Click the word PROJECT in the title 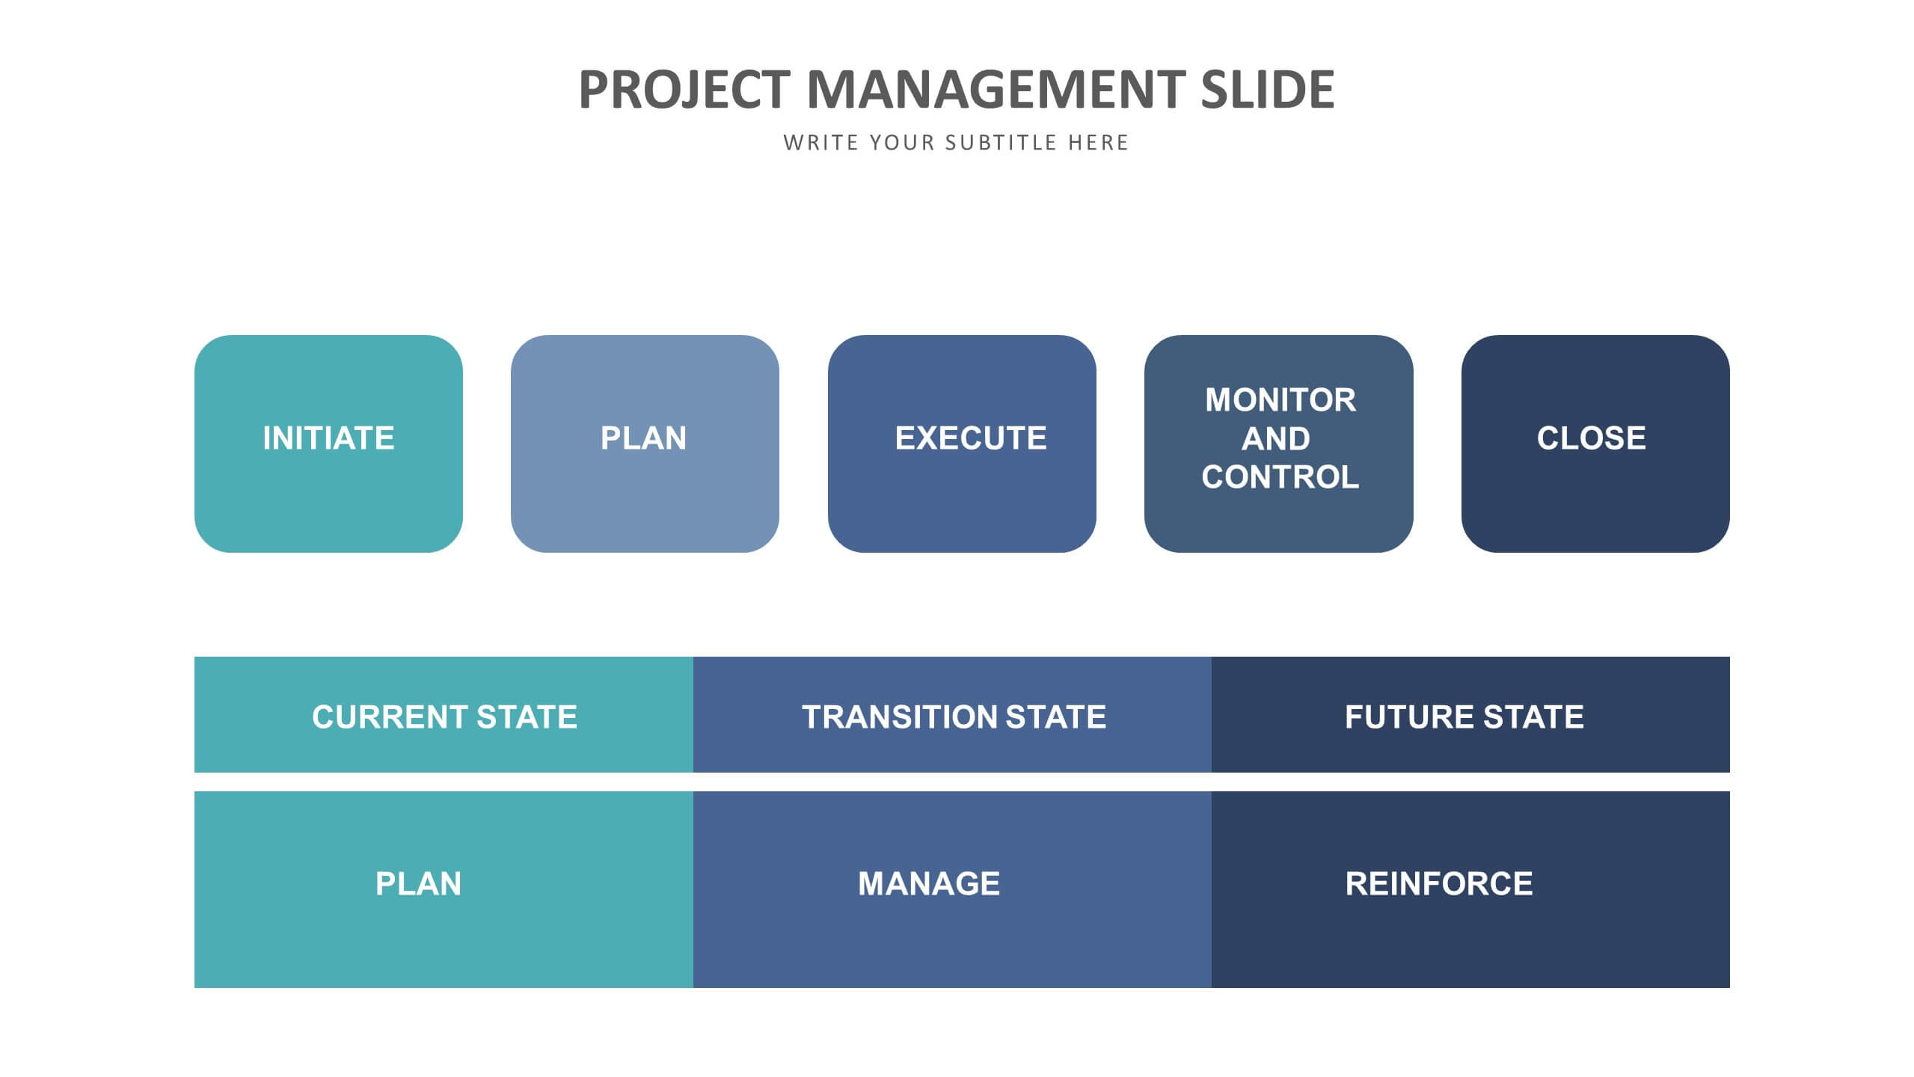coord(684,90)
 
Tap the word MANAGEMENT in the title coord(996,90)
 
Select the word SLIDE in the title coord(1268,90)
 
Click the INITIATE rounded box coord(328,444)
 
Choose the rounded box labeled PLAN coord(645,444)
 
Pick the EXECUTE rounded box coord(962,444)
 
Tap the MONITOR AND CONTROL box coord(1278,444)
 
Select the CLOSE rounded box coord(1595,444)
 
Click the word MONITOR coord(1280,400)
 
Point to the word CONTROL coord(1280,477)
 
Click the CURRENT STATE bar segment coord(444,714)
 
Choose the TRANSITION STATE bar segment coord(952,714)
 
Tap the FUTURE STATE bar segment coord(1470,714)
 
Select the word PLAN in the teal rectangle coord(418,884)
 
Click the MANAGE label coord(928,884)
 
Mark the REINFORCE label coord(1438,884)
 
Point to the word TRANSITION coord(898,717)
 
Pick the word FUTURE coord(1409,717)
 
